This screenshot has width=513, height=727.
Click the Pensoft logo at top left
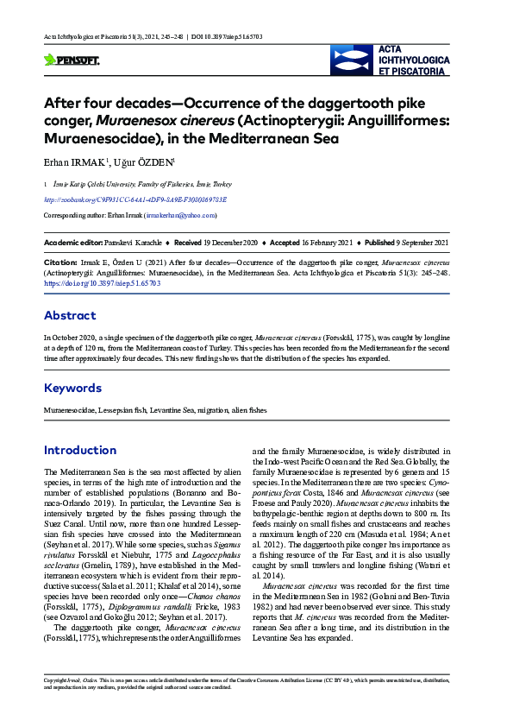[72, 60]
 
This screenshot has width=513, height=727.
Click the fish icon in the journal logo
[353, 60]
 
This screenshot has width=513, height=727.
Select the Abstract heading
[70, 315]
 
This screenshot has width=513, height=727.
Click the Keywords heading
[72, 388]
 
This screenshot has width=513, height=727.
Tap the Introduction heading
[79, 450]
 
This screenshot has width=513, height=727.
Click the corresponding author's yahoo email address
[181, 215]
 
